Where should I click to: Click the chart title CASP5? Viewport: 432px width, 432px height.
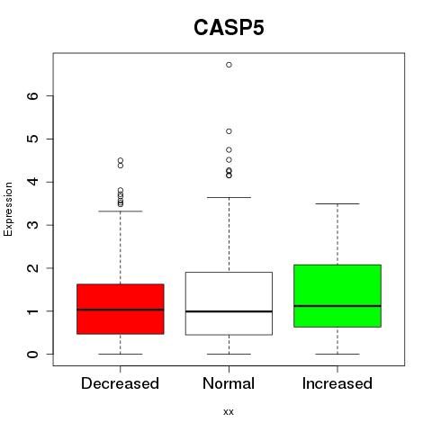click(229, 28)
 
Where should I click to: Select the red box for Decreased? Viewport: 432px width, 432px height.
click(121, 309)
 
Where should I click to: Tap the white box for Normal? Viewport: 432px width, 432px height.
click(229, 303)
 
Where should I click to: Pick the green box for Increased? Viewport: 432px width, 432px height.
click(337, 296)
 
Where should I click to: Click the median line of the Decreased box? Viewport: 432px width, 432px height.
click(121, 310)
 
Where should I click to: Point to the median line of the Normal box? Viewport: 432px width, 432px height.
click(229, 311)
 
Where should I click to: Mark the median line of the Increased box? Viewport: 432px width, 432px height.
click(337, 306)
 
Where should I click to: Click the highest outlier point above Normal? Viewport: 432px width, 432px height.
click(229, 65)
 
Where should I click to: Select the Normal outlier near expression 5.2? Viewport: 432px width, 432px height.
click(229, 131)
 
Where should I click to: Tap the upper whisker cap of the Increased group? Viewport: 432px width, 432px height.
click(337, 203)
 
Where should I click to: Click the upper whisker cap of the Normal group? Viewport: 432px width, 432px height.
click(229, 197)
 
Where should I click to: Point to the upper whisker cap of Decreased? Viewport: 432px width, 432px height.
click(121, 211)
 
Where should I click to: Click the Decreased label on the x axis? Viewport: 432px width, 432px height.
click(120, 383)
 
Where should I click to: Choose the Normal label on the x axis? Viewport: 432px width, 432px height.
click(229, 383)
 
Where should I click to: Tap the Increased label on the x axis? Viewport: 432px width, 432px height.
click(337, 383)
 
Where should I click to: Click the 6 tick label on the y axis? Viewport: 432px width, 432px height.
click(32, 95)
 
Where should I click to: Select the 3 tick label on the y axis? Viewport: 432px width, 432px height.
click(32, 225)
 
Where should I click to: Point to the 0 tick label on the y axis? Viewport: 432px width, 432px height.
click(32, 355)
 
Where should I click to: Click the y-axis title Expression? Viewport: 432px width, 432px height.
click(8, 209)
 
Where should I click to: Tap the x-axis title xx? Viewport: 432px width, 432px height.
click(229, 412)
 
